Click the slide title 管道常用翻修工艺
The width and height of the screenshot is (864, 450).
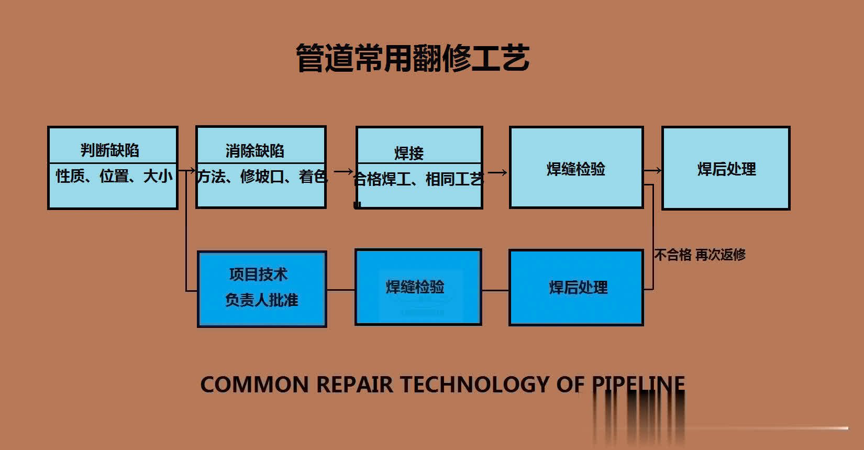(x=413, y=58)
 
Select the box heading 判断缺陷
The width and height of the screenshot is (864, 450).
(x=110, y=150)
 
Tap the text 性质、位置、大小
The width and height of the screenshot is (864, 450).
(x=114, y=176)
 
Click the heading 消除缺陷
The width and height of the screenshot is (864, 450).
(x=254, y=151)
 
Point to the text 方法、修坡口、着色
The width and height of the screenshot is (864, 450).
(x=261, y=177)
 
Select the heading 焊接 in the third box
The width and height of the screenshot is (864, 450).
(x=408, y=153)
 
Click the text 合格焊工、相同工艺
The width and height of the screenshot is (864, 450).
(x=418, y=179)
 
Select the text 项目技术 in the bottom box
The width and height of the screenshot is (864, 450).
(x=258, y=274)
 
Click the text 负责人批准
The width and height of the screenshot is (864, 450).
(x=261, y=300)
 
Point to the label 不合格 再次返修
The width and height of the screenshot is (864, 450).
(x=700, y=255)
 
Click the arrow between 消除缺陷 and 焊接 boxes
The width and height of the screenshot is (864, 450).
(x=343, y=171)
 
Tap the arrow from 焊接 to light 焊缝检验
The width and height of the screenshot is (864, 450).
(x=497, y=172)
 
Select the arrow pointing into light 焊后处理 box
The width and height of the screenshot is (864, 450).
(x=652, y=170)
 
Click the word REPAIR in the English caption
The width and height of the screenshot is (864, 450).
(x=355, y=385)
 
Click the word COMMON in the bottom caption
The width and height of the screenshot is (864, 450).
(x=254, y=385)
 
